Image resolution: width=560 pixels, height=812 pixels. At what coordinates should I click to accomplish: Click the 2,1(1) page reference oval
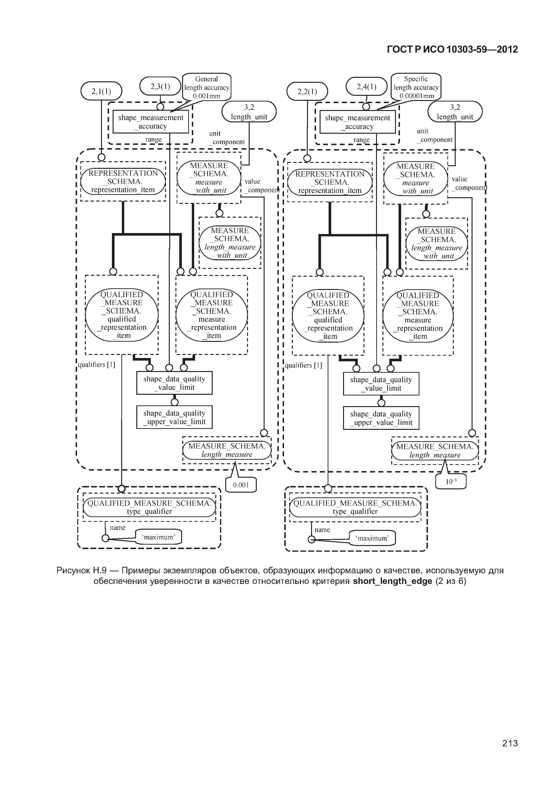[101, 91]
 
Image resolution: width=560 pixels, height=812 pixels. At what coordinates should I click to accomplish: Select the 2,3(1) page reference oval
[160, 86]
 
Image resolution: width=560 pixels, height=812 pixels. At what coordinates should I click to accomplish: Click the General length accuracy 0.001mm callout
[207, 87]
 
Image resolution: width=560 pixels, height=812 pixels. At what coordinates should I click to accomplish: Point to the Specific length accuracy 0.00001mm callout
[416, 87]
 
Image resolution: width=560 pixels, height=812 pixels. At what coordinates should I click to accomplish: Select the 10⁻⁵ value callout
[451, 482]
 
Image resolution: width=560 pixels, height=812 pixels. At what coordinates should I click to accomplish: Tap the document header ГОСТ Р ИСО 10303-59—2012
[452, 50]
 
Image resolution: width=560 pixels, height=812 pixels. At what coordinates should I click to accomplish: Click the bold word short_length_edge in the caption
[392, 581]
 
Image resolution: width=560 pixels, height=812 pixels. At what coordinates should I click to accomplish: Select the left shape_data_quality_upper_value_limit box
[174, 417]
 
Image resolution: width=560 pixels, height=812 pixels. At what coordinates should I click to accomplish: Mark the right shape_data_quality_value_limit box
[381, 384]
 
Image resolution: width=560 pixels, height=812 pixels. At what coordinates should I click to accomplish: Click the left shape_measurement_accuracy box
[151, 122]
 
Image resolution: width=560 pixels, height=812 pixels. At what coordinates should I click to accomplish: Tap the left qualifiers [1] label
[96, 365]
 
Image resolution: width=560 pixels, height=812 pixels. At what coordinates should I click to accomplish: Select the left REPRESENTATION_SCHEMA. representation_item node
[123, 181]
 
